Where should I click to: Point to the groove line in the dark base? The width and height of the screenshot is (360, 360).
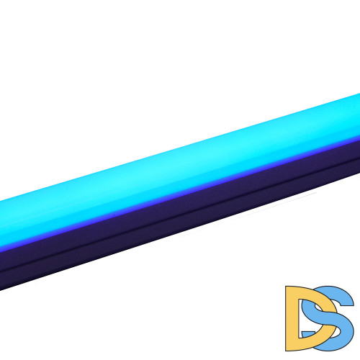point(180,214)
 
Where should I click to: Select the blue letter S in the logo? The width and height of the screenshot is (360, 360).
point(329,317)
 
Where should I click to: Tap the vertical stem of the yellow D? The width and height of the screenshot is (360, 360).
point(292,318)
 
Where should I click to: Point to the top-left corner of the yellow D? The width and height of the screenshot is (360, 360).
point(285,287)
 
